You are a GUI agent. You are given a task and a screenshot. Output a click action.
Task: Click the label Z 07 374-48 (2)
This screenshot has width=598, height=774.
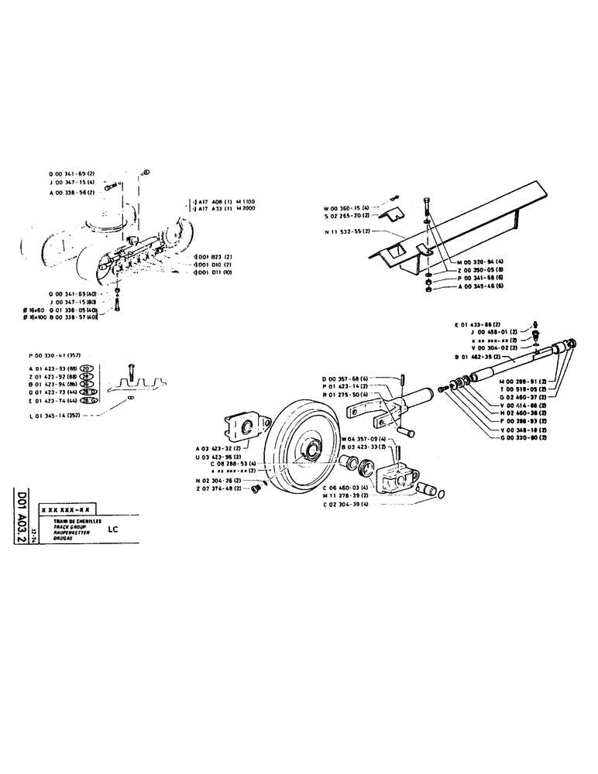tap(222, 488)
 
